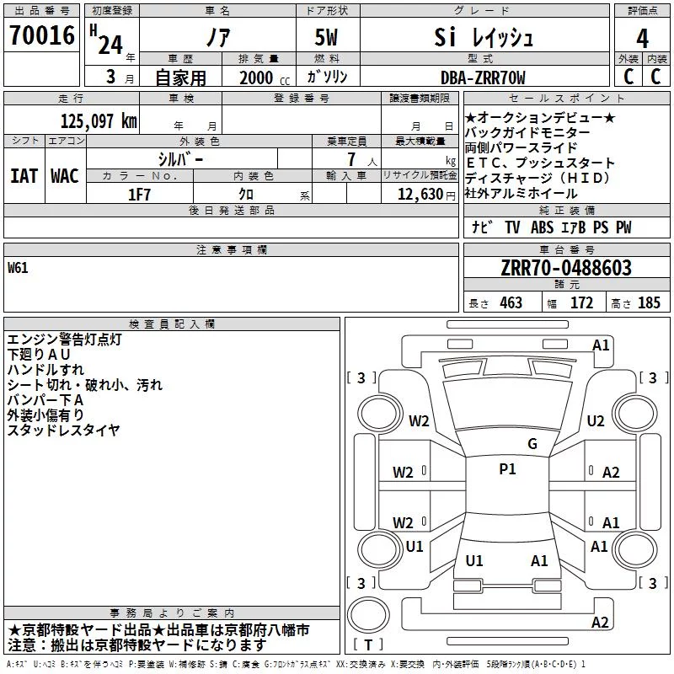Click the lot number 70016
(x=42, y=35)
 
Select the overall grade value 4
(x=642, y=39)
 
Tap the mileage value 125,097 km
(x=99, y=121)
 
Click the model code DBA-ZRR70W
(x=483, y=78)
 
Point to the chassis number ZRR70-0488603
(x=566, y=268)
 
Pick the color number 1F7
(x=139, y=195)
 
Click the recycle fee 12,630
(x=420, y=195)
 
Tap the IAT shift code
(x=24, y=176)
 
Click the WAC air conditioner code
(x=65, y=176)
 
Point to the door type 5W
(x=326, y=37)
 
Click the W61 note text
(x=18, y=268)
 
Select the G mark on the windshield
(x=532, y=443)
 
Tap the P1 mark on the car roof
(x=507, y=469)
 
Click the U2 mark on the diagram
(x=596, y=420)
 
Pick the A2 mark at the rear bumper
(x=600, y=622)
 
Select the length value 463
(x=511, y=303)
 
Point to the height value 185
(x=649, y=303)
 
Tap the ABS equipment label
(x=542, y=227)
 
